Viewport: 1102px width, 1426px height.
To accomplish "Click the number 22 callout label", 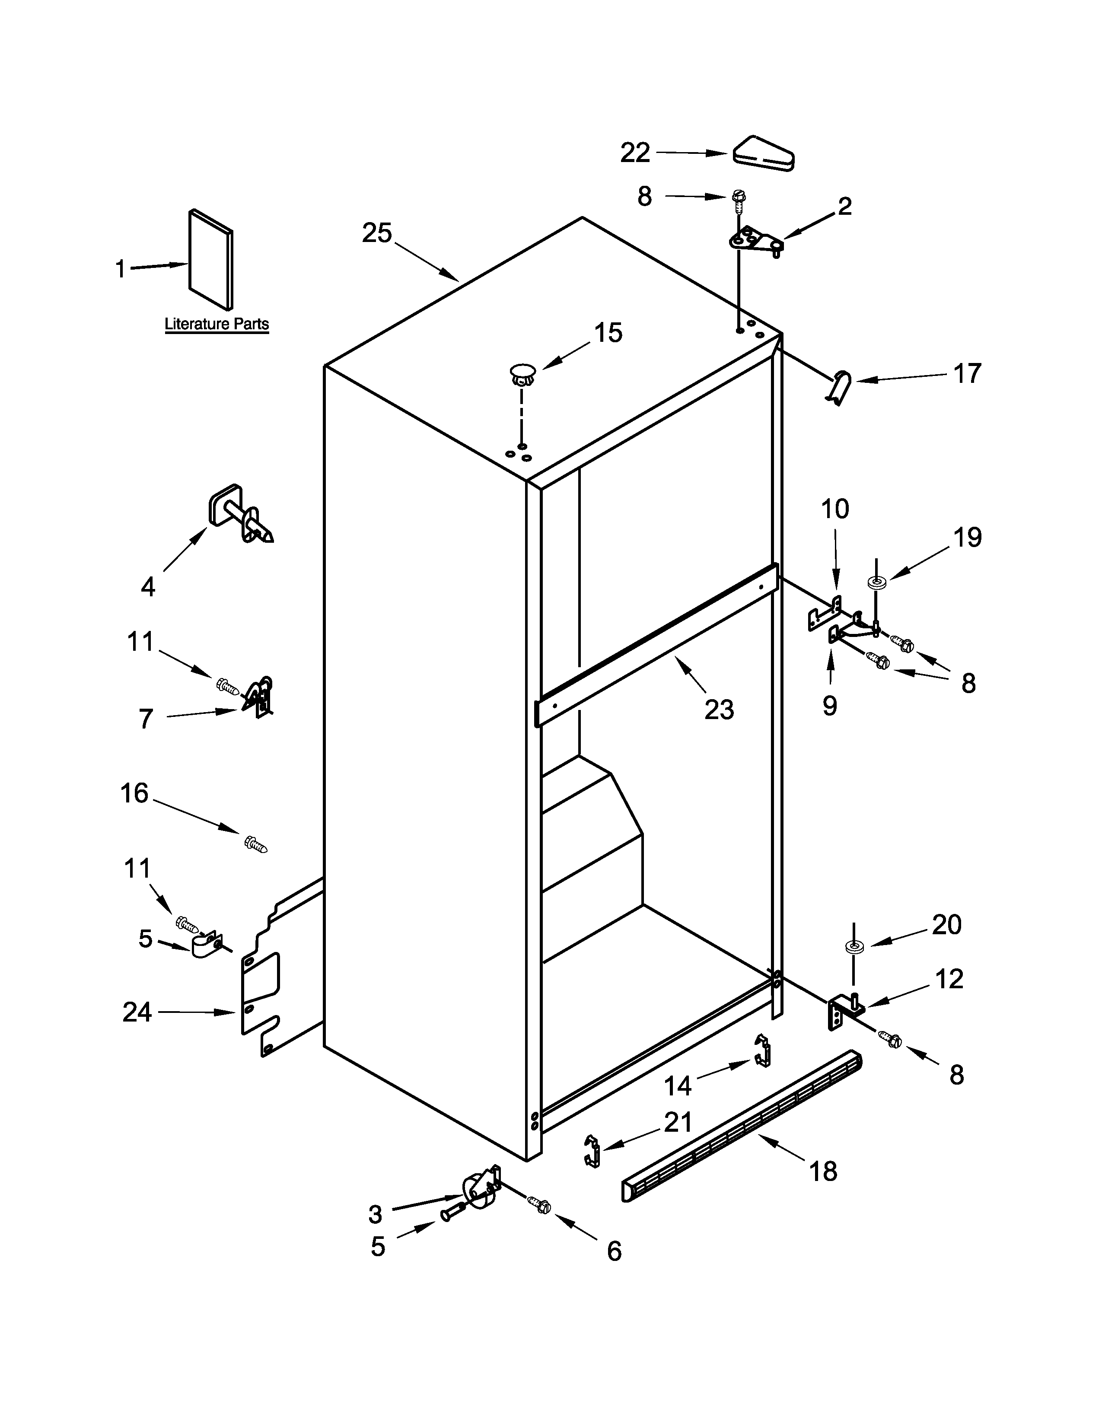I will click(x=634, y=153).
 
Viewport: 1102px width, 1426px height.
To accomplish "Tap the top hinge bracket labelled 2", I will click(x=756, y=241).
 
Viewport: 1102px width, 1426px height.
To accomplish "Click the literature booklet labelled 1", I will click(x=210, y=259).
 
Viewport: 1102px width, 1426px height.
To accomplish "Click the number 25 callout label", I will click(x=377, y=233).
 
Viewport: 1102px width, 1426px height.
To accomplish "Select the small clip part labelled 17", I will click(x=841, y=387).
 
